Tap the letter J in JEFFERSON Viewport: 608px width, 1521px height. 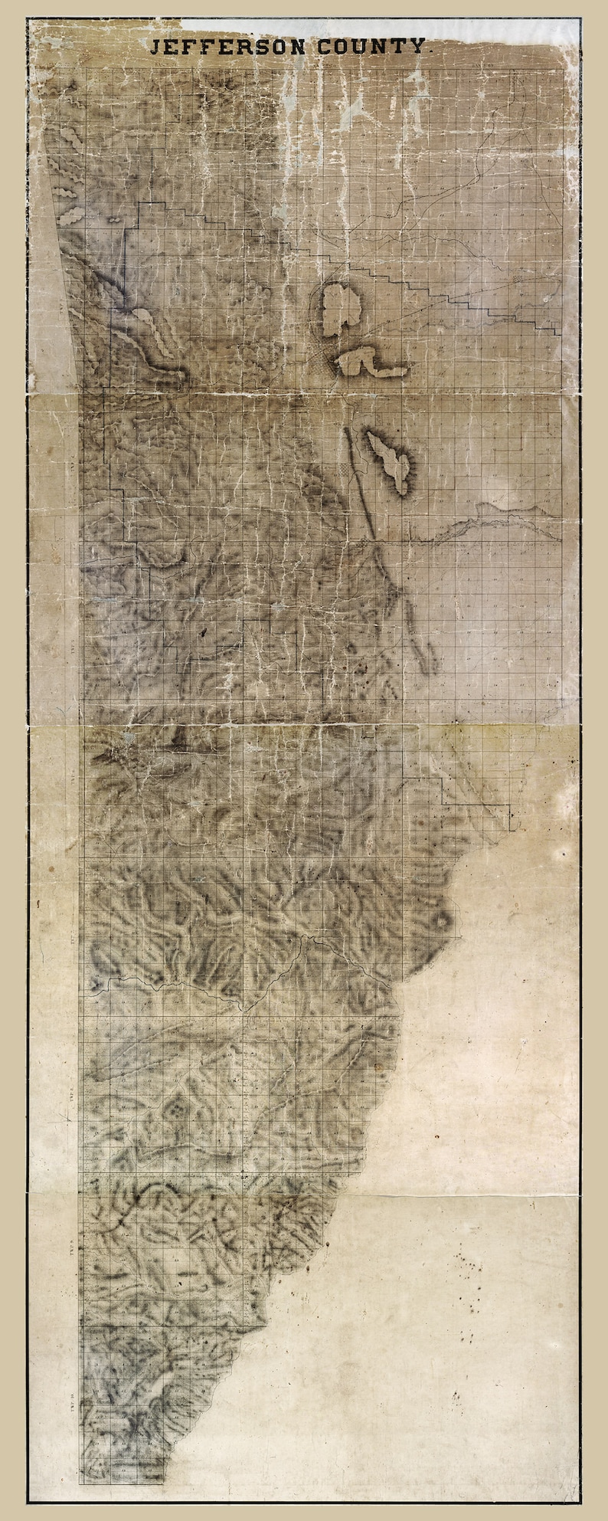(155, 48)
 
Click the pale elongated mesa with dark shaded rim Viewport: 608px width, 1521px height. (391, 460)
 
